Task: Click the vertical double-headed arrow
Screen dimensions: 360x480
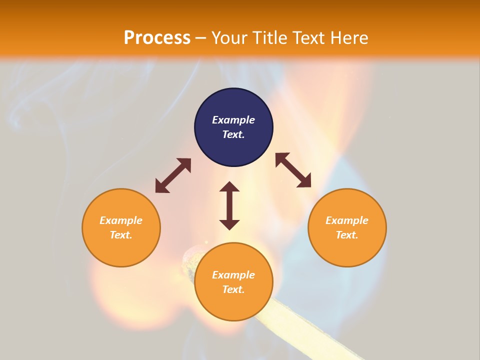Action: (x=229, y=205)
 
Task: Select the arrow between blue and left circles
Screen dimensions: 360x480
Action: (x=173, y=175)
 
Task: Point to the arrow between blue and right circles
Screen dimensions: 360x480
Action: (x=293, y=170)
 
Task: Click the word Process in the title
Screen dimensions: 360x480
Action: (x=157, y=37)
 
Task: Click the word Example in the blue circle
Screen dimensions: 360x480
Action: (x=233, y=120)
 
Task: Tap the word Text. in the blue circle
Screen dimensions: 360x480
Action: (x=233, y=134)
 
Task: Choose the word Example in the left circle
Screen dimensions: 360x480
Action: (x=121, y=220)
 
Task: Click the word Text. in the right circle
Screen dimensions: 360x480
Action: (x=347, y=235)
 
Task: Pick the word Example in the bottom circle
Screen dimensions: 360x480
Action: (x=233, y=275)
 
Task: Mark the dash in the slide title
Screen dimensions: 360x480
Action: (x=200, y=38)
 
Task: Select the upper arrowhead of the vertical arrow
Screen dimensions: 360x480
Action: (x=229, y=187)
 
